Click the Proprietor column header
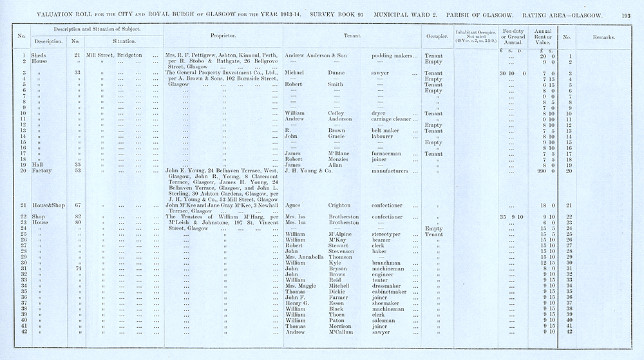click(x=222, y=36)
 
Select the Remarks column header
click(x=602, y=37)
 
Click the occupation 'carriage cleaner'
click(x=393, y=119)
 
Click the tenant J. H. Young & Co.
click(x=308, y=171)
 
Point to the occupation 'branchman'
click(x=386, y=263)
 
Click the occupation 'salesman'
click(x=384, y=320)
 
